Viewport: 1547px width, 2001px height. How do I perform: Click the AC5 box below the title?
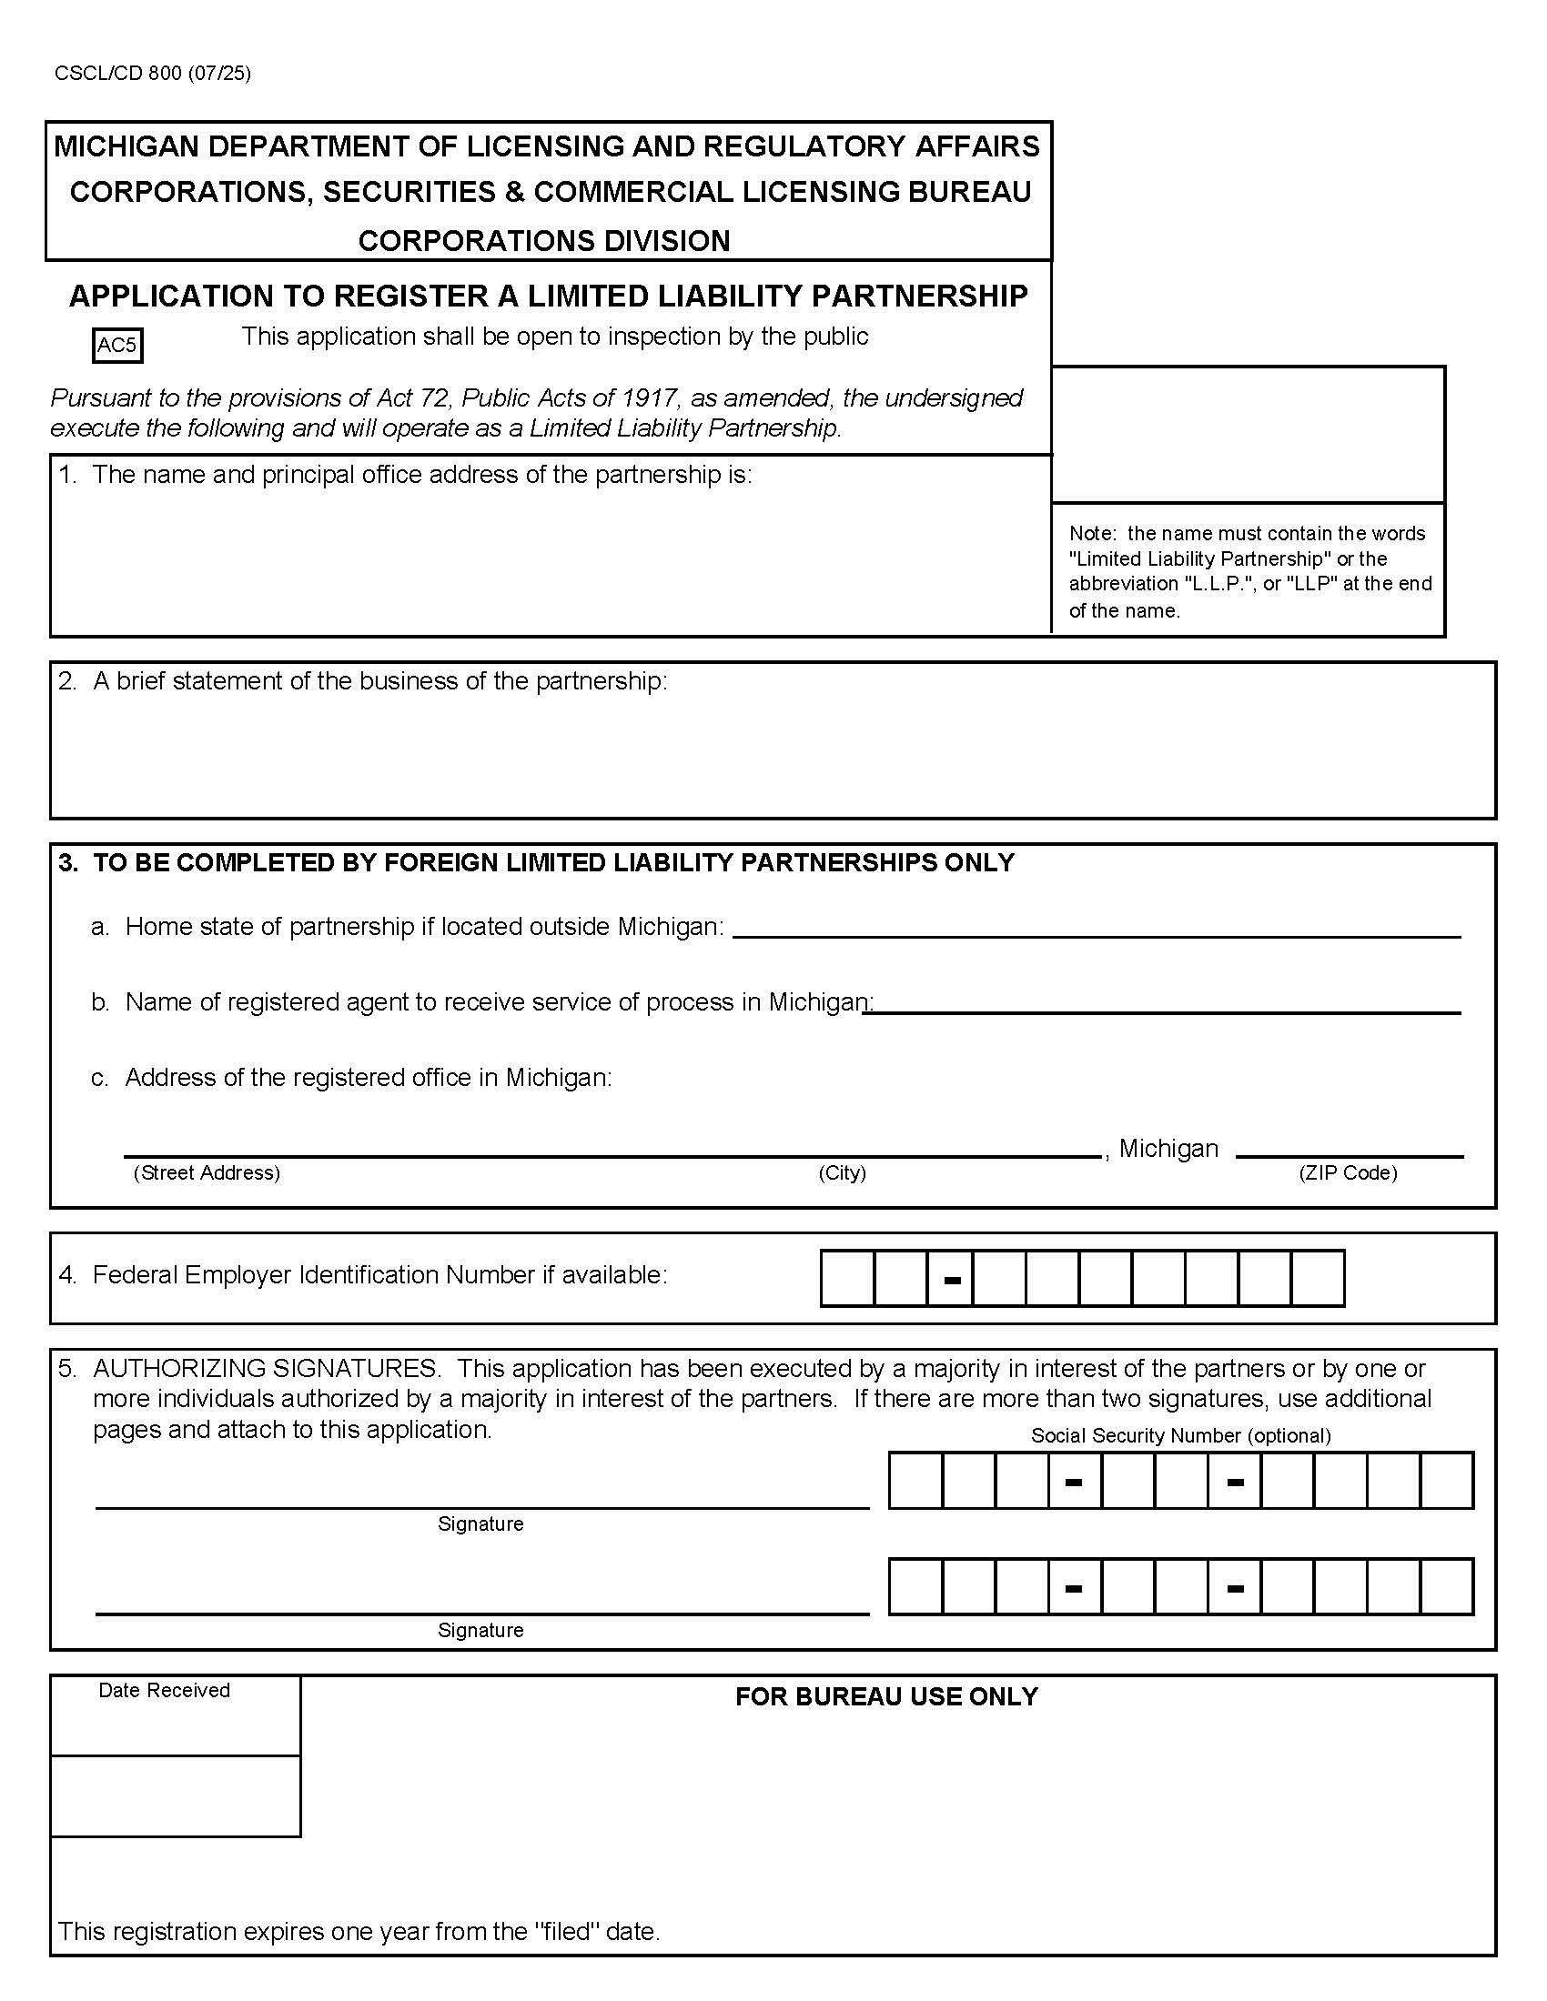click(x=117, y=346)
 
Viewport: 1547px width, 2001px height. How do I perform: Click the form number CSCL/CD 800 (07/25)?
click(x=152, y=74)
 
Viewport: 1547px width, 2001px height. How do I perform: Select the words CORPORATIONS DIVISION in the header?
click(x=543, y=241)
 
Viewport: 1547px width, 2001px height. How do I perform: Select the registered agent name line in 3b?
click(x=1162, y=1005)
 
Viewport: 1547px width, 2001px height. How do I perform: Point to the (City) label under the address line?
click(x=842, y=1172)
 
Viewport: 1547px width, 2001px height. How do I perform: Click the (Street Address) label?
click(x=207, y=1172)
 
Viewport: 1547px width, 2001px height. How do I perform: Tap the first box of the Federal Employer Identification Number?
click(x=847, y=1278)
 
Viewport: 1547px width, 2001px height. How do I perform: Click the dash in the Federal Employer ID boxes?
click(x=952, y=1279)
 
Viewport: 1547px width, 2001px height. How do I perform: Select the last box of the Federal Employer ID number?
click(x=1317, y=1278)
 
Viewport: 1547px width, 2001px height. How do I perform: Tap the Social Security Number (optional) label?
click(x=1180, y=1435)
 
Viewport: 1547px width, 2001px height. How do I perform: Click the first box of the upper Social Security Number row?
click(x=915, y=1481)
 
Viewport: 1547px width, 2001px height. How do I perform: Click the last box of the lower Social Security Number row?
click(x=1447, y=1587)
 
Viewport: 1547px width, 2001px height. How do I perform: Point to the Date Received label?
click(x=164, y=1691)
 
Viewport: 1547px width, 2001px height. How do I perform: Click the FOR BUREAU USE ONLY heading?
click(x=885, y=1697)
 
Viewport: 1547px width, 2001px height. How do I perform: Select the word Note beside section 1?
click(x=1089, y=533)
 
